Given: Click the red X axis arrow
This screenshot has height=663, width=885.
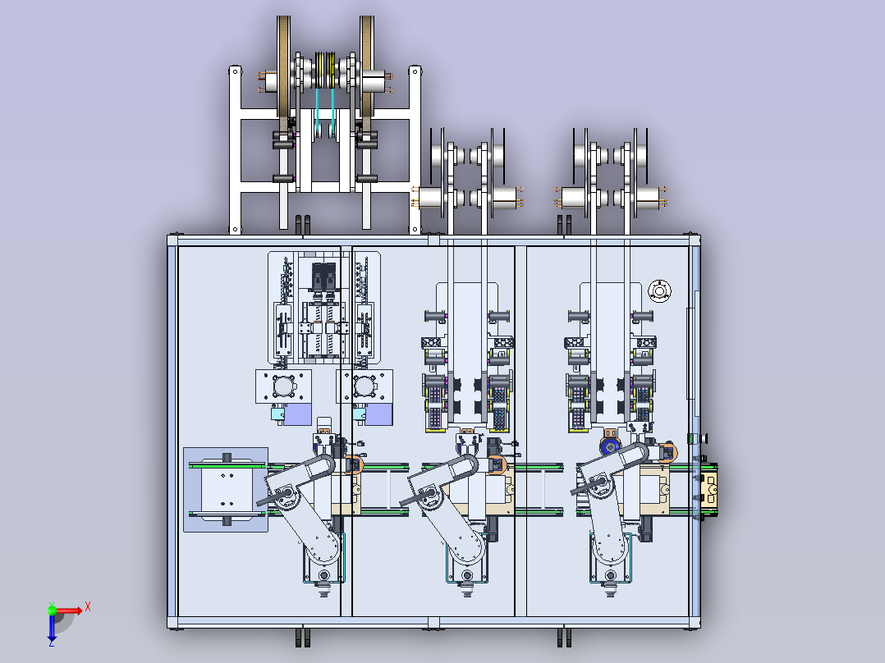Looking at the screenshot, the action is pos(67,610).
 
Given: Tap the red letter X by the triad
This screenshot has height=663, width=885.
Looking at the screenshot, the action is pos(88,607).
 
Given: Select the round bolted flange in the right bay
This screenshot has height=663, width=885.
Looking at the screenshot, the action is pos(659,291).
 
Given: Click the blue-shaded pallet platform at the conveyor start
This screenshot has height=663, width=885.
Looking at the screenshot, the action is pos(226,490).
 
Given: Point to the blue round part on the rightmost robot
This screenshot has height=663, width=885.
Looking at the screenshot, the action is pos(609,447).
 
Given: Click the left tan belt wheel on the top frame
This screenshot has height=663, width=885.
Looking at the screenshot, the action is pos(283,73).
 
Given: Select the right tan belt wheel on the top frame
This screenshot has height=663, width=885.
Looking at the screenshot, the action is pos(367,73).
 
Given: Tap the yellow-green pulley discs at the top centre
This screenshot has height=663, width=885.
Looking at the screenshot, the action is pos(325,70).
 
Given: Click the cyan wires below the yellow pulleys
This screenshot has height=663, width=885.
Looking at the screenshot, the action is pos(325,113).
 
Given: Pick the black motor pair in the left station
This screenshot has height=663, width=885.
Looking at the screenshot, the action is pos(324,277).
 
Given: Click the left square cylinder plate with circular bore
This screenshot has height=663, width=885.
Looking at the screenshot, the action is pos(283,386).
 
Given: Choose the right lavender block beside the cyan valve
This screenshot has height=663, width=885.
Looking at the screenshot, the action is pos(378,414).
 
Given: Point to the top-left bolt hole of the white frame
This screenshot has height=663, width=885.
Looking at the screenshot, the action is pos(235,71).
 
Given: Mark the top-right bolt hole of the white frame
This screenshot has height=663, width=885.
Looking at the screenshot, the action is pos(415,71).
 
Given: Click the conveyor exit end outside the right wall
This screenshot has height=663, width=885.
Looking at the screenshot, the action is pos(709,490).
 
